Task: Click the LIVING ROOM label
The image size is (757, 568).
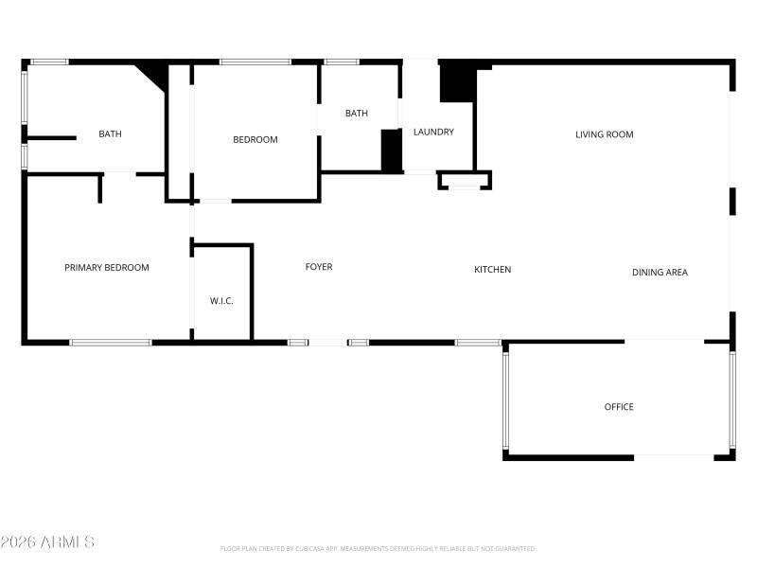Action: pyautogui.click(x=604, y=134)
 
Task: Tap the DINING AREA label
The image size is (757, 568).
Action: pyautogui.click(x=660, y=273)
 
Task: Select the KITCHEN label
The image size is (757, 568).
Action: pyautogui.click(x=492, y=270)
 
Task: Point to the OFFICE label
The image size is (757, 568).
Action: pyautogui.click(x=619, y=407)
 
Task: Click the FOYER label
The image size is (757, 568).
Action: pyautogui.click(x=319, y=267)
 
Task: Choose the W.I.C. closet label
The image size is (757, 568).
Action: pyautogui.click(x=221, y=301)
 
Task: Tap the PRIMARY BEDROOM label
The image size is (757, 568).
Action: pyautogui.click(x=107, y=268)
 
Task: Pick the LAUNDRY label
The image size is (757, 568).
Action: pyautogui.click(x=433, y=132)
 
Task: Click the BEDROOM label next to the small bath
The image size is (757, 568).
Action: pyautogui.click(x=255, y=140)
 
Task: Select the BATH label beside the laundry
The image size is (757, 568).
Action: pyautogui.click(x=357, y=114)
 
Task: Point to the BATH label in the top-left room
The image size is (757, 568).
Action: pyautogui.click(x=110, y=134)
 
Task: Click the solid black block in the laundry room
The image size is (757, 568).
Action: pyautogui.click(x=458, y=82)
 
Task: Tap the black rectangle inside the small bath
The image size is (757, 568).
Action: pyautogui.click(x=391, y=151)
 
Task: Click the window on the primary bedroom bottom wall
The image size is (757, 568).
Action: pyautogui.click(x=111, y=342)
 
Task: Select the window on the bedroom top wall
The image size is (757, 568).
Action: pyautogui.click(x=255, y=62)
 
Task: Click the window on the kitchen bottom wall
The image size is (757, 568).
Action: pyautogui.click(x=478, y=342)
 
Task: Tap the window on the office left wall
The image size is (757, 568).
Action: pyautogui.click(x=506, y=399)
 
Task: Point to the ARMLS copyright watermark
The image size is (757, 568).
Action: pyautogui.click(x=47, y=542)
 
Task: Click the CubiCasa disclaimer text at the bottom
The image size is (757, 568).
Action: pyautogui.click(x=378, y=548)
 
